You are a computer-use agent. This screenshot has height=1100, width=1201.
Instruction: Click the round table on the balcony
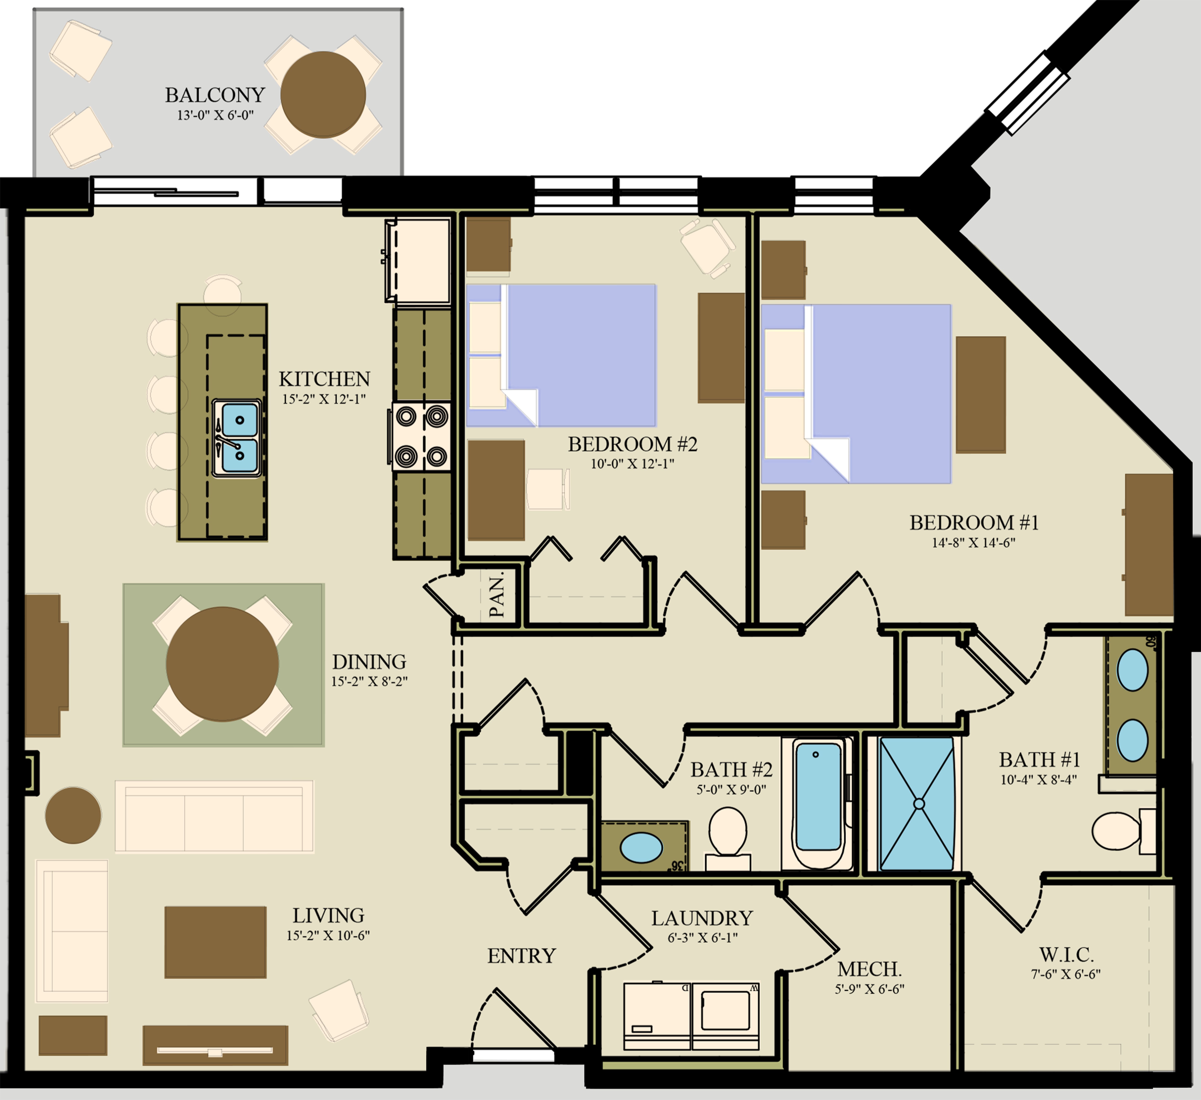(x=323, y=94)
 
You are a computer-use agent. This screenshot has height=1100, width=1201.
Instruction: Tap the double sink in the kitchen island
(x=236, y=438)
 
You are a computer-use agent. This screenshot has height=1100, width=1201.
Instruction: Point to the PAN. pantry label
(x=496, y=594)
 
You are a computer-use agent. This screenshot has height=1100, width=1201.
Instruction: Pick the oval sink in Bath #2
(x=641, y=847)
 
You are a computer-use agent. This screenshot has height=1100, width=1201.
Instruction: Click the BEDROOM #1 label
(x=973, y=523)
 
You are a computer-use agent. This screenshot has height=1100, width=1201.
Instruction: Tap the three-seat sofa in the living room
(x=214, y=816)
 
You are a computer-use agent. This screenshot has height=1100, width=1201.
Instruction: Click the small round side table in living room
(x=73, y=815)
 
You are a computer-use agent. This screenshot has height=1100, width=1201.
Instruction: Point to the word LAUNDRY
(x=702, y=918)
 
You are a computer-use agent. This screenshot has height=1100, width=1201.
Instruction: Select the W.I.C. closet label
(x=1066, y=955)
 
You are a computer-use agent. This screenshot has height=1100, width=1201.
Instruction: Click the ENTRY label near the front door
(x=521, y=956)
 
